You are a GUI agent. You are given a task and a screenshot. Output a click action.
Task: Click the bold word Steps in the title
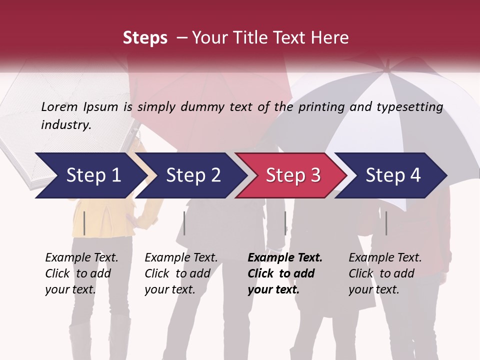click(x=145, y=38)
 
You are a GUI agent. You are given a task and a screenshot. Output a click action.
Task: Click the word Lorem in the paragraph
click(x=59, y=107)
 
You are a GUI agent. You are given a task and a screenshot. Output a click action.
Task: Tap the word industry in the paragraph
click(x=66, y=125)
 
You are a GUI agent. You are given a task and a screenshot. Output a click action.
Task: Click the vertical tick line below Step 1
click(x=84, y=223)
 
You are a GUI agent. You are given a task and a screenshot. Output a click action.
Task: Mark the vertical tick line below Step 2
click(x=184, y=223)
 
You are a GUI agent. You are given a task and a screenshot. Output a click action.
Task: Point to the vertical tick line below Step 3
click(x=285, y=223)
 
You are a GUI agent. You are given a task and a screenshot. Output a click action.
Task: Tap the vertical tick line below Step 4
click(x=386, y=223)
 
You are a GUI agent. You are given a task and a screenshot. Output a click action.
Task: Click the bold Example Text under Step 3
click(x=285, y=258)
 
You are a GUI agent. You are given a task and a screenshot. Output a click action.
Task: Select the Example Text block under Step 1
click(x=81, y=273)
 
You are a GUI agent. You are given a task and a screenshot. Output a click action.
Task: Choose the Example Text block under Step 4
click(x=385, y=273)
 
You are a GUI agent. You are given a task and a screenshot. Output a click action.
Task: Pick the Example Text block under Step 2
click(x=181, y=273)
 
